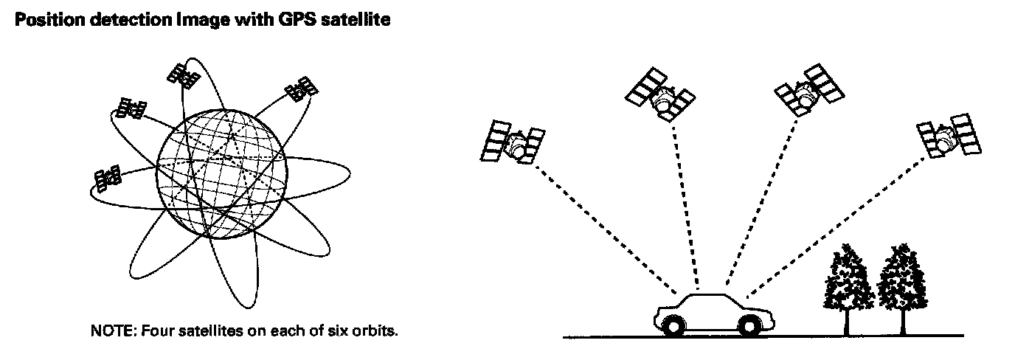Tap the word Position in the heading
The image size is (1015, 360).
click(42, 21)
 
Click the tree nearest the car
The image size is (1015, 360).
click(847, 284)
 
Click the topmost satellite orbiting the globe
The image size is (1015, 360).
click(181, 73)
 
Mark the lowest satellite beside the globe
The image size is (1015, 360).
click(107, 179)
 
